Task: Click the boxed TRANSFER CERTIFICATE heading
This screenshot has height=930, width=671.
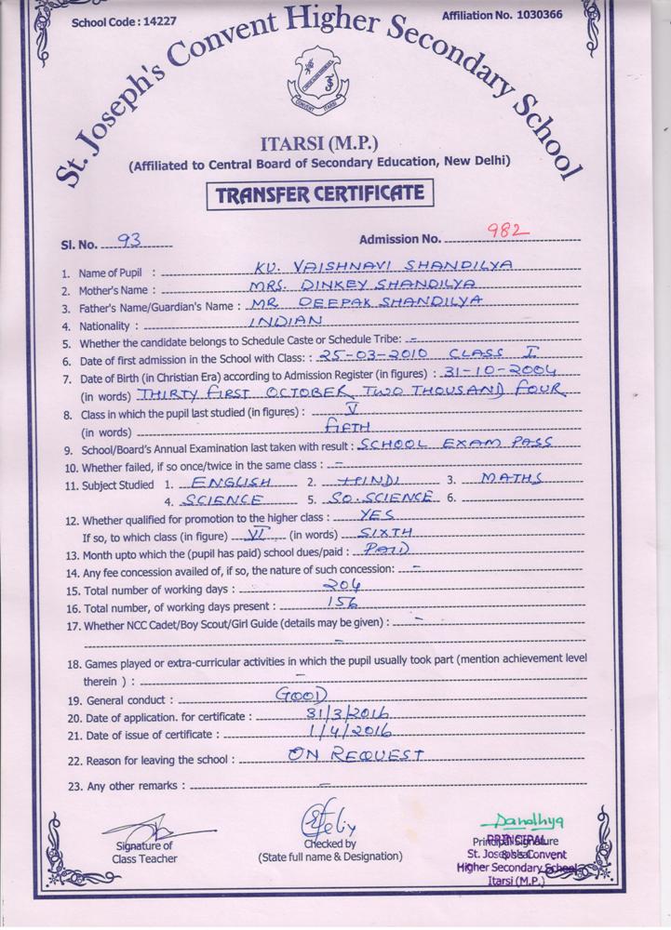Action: click(x=320, y=193)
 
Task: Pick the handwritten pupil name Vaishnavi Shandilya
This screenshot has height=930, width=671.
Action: click(x=382, y=265)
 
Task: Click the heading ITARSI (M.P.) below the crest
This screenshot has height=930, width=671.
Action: click(x=319, y=141)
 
